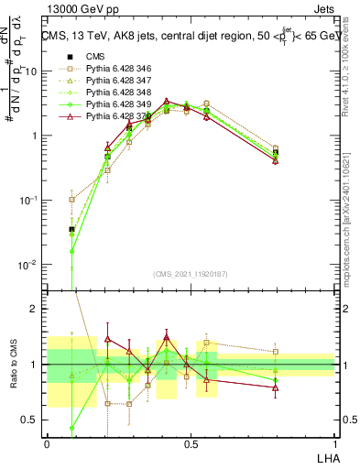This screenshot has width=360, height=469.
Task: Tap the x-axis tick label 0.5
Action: click(191, 443)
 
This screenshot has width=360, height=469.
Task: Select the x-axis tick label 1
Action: click(334, 443)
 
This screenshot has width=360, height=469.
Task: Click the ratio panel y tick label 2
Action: click(36, 309)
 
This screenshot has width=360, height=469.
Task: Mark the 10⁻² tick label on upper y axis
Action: click(29, 264)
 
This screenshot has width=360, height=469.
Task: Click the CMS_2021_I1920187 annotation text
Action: click(191, 273)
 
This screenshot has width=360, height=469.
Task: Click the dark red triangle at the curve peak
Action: click(166, 101)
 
